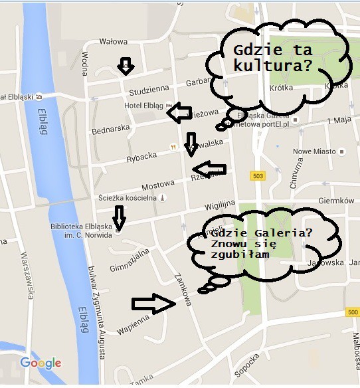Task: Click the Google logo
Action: pos(41,363)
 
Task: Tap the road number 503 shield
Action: pos(258,175)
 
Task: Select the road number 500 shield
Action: pos(352,312)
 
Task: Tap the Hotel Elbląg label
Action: pos(143,106)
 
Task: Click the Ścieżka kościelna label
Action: pos(117,197)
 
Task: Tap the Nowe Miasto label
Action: pos(312,151)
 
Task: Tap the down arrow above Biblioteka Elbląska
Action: pos(119,216)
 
